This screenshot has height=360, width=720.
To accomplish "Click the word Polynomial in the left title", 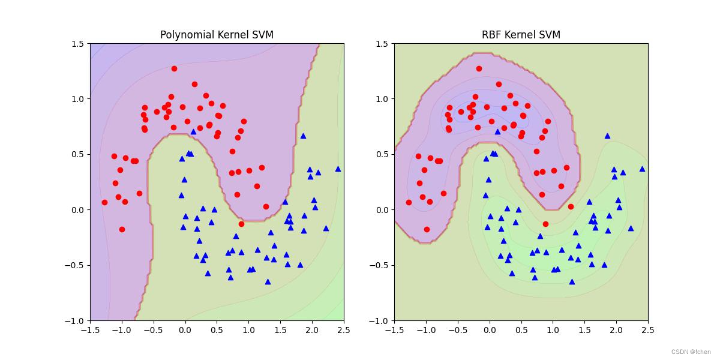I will pyautogui.click(x=184, y=35).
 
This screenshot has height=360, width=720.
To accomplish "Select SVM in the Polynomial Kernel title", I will pyautogui.click(x=262, y=35).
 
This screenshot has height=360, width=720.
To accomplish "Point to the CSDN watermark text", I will pyautogui.click(x=690, y=352).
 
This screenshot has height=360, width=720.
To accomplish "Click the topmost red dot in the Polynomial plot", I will pyautogui.click(x=174, y=68).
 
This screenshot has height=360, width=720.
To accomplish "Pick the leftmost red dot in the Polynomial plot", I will pyautogui.click(x=104, y=202).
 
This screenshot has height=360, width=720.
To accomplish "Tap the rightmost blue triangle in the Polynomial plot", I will pyautogui.click(x=338, y=169).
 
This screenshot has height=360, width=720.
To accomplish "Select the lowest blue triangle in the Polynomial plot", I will pyautogui.click(x=268, y=281).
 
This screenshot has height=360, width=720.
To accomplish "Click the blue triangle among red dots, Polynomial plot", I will pyautogui.click(x=193, y=131).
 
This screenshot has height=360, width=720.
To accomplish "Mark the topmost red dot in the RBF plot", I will pyautogui.click(x=479, y=68).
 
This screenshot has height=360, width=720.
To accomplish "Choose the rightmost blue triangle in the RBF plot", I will pyautogui.click(x=642, y=169).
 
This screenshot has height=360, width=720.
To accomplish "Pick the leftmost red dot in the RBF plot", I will pyautogui.click(x=409, y=202).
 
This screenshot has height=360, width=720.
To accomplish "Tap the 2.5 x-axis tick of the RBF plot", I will pyautogui.click(x=648, y=330).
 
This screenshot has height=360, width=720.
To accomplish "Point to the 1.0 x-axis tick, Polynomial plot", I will pyautogui.click(x=248, y=330).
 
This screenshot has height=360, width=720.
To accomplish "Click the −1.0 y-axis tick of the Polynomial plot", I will pyautogui.click(x=77, y=320).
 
